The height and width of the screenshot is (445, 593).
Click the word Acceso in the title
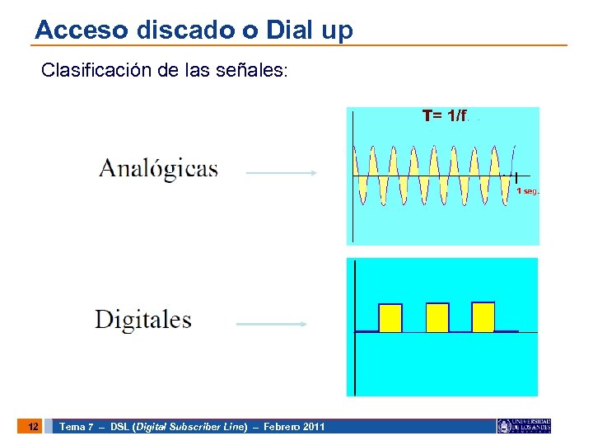click(71, 30)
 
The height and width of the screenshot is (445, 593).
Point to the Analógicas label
click(158, 170)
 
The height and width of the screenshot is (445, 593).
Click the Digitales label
click(143, 320)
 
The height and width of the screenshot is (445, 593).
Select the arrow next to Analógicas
click(282, 173)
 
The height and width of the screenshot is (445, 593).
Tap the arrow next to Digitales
click(272, 325)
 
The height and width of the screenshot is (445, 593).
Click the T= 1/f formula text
click(445, 116)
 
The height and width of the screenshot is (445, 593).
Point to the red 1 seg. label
click(527, 191)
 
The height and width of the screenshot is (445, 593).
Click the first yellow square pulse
click(390, 317)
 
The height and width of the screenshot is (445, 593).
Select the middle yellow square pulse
click(437, 317)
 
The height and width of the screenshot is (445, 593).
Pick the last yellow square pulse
click(483, 316)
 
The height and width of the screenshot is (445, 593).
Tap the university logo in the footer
click(523, 426)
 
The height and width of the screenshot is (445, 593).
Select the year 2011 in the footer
click(314, 427)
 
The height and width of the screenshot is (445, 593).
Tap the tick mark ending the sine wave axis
click(516, 176)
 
